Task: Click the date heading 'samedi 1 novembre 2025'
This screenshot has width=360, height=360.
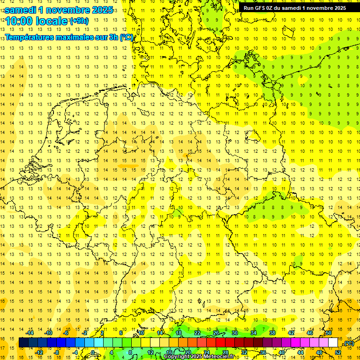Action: pyautogui.click(x=59, y=9)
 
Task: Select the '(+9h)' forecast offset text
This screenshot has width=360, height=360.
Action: pyautogui.click(x=78, y=21)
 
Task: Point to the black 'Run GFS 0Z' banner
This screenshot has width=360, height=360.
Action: pyautogui.click(x=295, y=7)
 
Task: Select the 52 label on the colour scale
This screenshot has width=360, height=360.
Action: pyautogui.click(x=338, y=352)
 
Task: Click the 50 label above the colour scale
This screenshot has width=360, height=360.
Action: pyautogui.click(x=329, y=333)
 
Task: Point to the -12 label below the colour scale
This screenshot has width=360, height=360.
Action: pyautogui.click(x=39, y=352)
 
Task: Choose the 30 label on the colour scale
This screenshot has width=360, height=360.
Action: pyautogui.click(x=235, y=333)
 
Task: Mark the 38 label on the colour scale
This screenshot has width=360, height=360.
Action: pyautogui.click(x=272, y=333)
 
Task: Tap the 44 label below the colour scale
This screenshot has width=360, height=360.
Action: pyautogui.click(x=300, y=352)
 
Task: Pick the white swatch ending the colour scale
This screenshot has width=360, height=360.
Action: pyautogui.click(x=333, y=343)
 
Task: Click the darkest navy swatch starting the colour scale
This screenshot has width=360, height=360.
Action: pyautogui.click(x=23, y=343)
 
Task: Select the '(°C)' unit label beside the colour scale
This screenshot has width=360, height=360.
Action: pyautogui.click(x=349, y=343)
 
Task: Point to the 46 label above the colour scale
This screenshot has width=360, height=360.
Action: pyautogui.click(x=310, y=333)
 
